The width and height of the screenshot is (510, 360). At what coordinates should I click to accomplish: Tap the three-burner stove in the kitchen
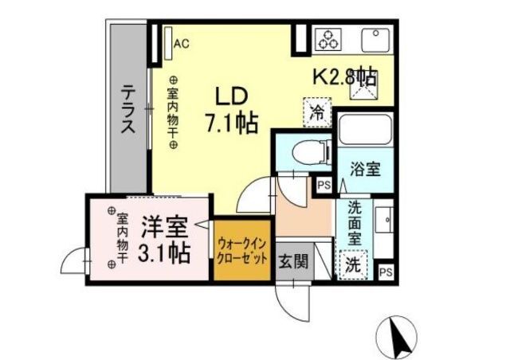328,39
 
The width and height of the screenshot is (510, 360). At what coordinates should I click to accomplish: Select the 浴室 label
364,170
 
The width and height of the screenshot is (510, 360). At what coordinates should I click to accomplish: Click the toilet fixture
304,150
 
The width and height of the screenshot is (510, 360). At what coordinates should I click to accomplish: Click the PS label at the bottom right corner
385,272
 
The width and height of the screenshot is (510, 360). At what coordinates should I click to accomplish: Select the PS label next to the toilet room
323,186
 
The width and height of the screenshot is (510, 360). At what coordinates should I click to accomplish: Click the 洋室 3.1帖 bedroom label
165,241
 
